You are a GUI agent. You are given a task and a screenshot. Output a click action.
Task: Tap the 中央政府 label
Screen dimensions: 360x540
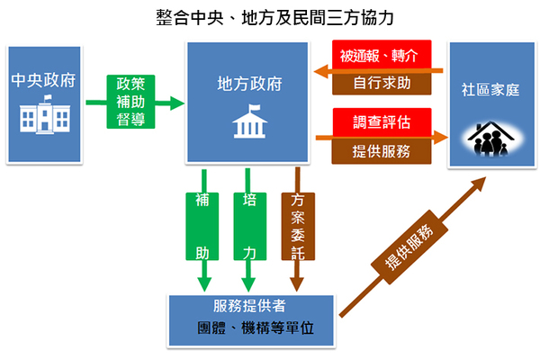43,79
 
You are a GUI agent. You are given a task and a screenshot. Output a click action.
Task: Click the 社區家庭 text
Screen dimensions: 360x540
492,91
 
